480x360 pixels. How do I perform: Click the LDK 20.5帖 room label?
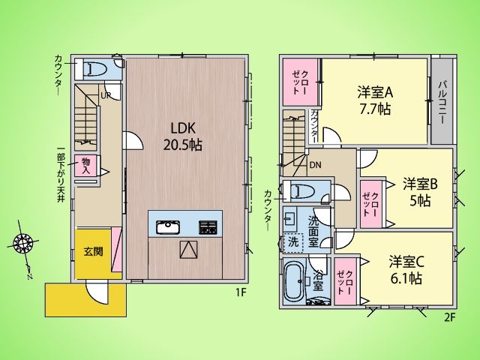coord(183,136)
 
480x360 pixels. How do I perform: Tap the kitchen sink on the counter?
coord(168,227)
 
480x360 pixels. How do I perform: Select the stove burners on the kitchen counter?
coord(208,227)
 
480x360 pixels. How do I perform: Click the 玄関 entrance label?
coord(93,252)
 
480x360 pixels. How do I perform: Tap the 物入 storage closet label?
coord(86,166)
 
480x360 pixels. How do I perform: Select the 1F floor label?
coord(241,292)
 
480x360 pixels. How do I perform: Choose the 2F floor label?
coord(450,318)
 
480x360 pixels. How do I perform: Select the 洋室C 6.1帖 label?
coord(406,270)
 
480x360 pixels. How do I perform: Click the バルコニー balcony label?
coord(442,102)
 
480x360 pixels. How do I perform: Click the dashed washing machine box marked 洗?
coord(293,242)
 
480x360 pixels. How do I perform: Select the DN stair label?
coord(315,166)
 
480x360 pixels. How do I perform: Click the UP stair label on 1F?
coord(106,95)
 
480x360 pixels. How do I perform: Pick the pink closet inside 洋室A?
coord(300,82)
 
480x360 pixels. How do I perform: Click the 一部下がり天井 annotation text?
coord(61,175)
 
